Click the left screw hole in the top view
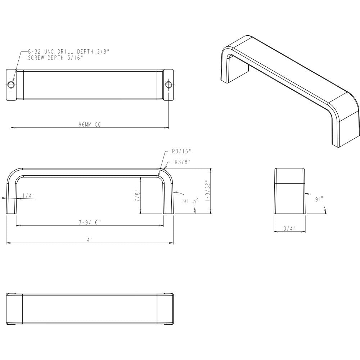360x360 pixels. tap(12, 85)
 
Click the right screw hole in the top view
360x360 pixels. tap(168, 85)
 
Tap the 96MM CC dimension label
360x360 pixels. tap(90, 125)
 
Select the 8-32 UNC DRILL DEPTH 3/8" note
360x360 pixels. tap(68, 52)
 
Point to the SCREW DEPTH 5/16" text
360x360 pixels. tap(55, 58)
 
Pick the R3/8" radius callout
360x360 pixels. tap(182, 162)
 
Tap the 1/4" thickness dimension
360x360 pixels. tap(28, 195)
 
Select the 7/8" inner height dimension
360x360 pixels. tap(137, 195)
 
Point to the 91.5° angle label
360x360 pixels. tap(190, 201)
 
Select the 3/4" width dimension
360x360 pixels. tap(289, 228)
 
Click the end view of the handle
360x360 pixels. tap(289, 191)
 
